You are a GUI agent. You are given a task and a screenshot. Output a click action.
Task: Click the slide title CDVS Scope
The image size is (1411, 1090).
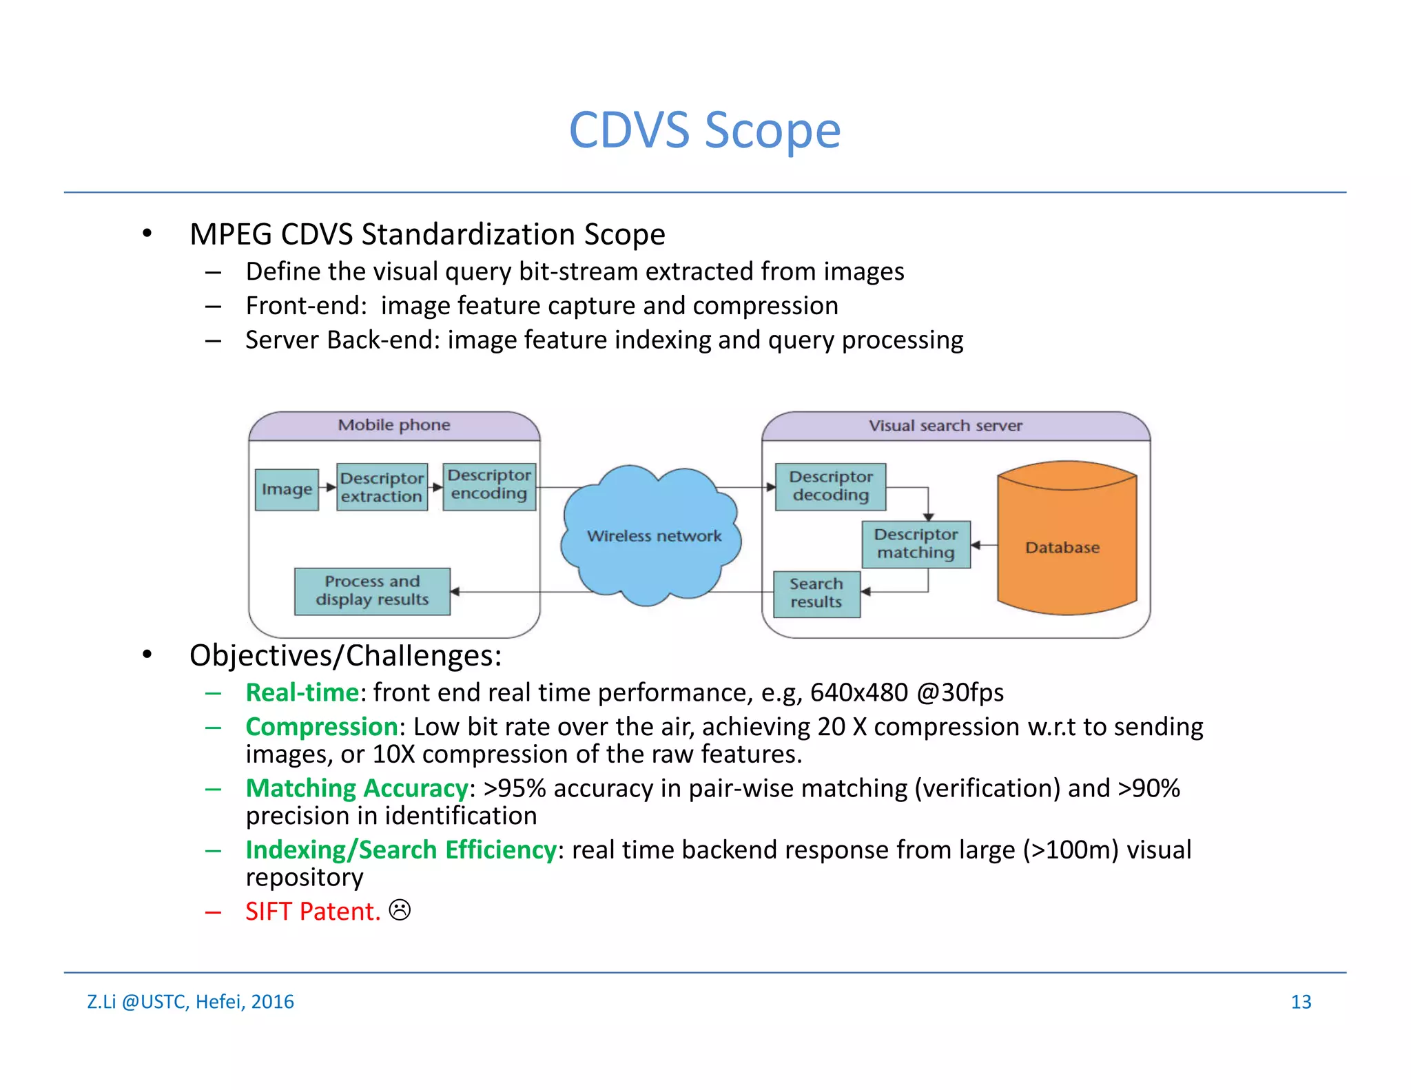(704, 130)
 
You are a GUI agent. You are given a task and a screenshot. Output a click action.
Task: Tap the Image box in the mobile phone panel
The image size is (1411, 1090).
(287, 490)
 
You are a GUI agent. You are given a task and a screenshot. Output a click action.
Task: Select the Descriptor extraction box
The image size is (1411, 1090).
(382, 487)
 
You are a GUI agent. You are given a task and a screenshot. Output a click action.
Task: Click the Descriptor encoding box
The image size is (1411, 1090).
(489, 485)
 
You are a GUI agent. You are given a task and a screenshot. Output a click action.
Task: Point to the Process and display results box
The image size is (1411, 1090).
(372, 591)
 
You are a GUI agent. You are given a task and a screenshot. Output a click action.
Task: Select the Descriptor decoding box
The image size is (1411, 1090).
(830, 486)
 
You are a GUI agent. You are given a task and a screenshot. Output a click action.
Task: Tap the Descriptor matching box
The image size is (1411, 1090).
(916, 544)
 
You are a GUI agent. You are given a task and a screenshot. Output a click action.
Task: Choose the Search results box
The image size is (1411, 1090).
(816, 593)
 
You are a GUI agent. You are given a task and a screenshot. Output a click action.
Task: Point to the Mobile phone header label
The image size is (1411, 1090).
(394, 425)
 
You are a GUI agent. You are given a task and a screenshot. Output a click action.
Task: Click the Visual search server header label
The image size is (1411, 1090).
(945, 426)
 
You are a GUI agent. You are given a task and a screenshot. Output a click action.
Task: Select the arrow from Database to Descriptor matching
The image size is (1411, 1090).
(983, 545)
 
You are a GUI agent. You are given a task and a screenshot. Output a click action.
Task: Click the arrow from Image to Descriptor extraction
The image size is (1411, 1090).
(328, 487)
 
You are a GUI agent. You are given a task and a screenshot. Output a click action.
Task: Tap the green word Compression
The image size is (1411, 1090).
(322, 727)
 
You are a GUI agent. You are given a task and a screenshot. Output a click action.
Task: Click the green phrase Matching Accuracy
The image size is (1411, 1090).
(357, 788)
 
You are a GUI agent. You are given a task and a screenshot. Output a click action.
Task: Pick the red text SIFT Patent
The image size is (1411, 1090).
(312, 912)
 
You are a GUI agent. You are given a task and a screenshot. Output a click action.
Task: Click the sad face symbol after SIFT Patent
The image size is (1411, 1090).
(400, 910)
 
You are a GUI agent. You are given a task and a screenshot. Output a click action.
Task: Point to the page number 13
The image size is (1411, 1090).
(1300, 1002)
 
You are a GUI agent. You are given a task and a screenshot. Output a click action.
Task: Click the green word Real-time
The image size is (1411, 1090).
(302, 692)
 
